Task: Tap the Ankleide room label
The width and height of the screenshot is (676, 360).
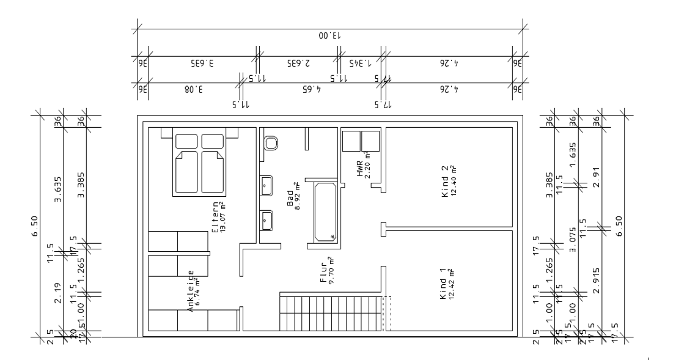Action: [191, 292]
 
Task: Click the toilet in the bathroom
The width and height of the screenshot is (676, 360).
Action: [271, 143]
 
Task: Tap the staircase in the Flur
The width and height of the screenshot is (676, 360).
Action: [331, 312]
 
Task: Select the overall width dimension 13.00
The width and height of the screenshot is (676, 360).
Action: [330, 36]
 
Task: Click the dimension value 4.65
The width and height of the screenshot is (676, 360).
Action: [311, 88]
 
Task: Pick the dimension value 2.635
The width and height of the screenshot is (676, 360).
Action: [299, 62]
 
